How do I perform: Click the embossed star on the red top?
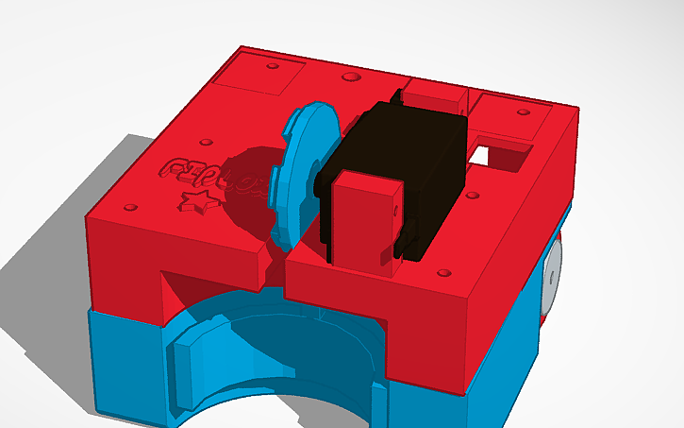click(196, 200)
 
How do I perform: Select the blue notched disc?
click(305, 165)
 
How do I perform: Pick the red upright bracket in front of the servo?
click(364, 223)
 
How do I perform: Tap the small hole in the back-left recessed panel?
click(272, 68)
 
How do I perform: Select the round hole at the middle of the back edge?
click(351, 76)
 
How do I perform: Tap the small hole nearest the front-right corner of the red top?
click(443, 275)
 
